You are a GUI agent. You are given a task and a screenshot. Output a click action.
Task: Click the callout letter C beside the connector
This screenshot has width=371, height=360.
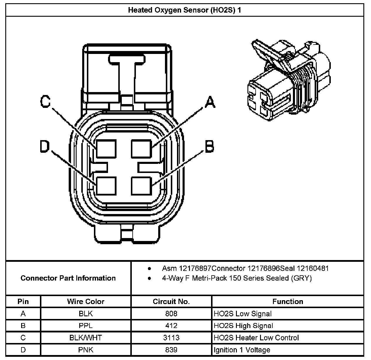(45, 102)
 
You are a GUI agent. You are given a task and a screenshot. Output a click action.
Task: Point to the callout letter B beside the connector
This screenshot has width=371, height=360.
(209, 146)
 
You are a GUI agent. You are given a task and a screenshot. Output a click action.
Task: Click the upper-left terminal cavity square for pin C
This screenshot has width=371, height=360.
(106, 148)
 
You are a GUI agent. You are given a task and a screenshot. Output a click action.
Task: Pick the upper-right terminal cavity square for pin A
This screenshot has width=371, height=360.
(141, 148)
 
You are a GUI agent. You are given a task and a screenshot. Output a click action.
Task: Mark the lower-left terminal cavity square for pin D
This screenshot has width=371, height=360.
(106, 186)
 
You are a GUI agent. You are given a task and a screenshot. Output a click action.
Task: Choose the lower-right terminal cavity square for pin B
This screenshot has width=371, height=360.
(141, 186)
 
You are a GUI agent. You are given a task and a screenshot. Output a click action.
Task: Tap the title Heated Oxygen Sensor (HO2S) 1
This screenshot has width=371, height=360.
(185, 10)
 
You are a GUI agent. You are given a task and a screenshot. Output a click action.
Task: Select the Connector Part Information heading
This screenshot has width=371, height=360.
(68, 278)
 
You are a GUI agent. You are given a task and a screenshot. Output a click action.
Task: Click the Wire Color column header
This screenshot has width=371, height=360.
(86, 301)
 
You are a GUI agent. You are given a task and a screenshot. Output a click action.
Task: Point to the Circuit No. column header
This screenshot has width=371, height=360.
(171, 301)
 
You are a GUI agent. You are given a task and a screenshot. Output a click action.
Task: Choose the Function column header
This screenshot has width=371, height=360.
(288, 301)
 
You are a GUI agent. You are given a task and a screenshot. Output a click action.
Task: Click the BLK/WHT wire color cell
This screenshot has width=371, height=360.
(86, 338)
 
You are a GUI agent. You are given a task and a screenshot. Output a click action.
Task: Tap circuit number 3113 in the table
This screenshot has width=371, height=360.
(171, 338)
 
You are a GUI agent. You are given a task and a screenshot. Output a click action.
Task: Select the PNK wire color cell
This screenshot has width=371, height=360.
(86, 350)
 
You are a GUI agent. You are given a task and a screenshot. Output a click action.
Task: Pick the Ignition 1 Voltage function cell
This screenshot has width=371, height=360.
(242, 350)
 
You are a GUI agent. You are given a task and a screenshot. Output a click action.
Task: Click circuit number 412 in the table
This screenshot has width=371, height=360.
(171, 326)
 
